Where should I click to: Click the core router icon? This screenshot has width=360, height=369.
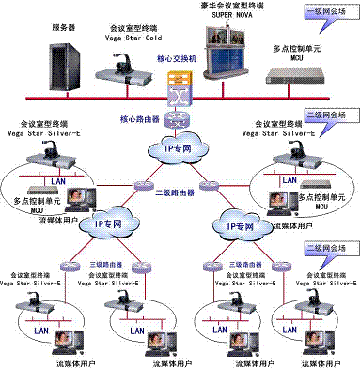point(172,119)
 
